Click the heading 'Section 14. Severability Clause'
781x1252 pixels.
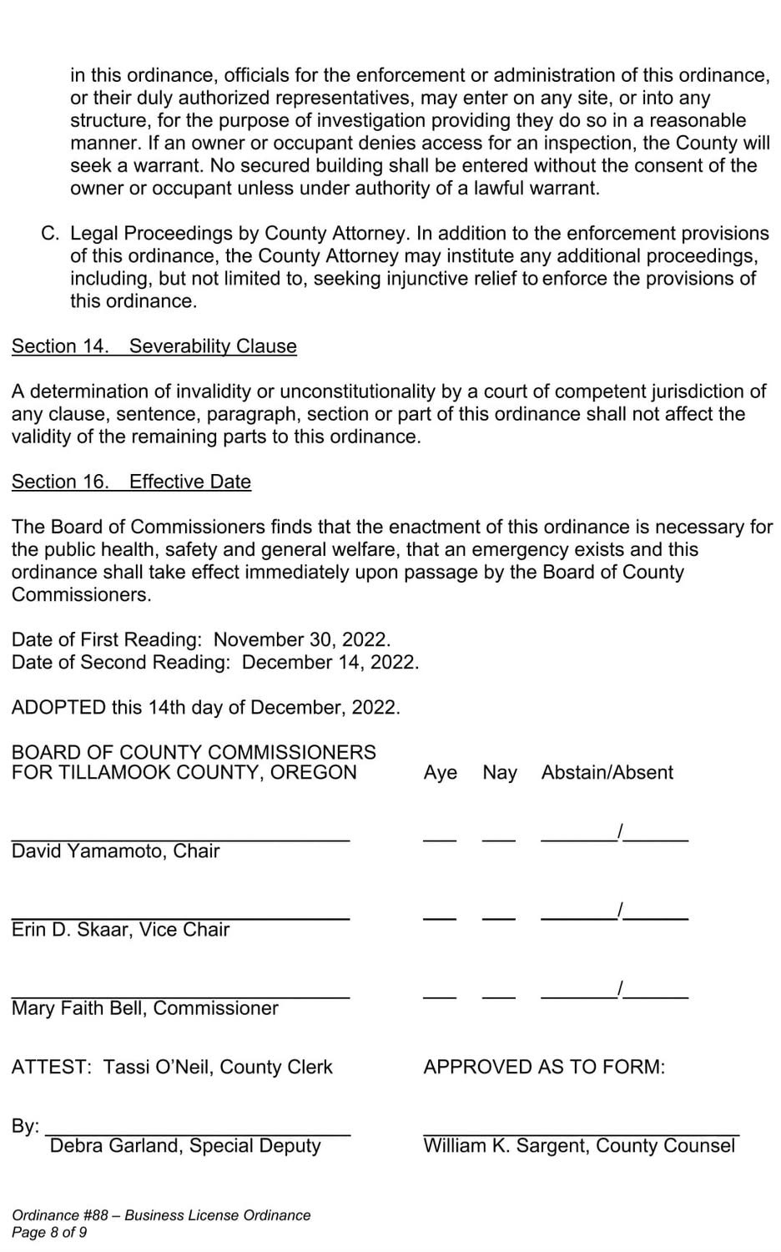(154, 346)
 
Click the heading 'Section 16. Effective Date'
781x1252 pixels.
(131, 482)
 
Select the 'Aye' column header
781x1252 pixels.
(440, 773)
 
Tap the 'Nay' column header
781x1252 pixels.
(499, 773)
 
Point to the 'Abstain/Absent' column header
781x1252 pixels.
(607, 773)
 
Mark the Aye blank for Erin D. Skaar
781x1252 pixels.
(440, 917)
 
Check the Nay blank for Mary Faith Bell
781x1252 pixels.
(498, 996)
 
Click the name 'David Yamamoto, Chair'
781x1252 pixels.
(116, 851)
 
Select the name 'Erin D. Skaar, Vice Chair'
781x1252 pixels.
(120, 930)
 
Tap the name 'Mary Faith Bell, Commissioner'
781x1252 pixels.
(145, 1008)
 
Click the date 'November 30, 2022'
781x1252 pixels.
(301, 640)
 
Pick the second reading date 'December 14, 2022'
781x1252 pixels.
(330, 663)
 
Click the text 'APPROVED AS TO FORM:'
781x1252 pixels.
(544, 1068)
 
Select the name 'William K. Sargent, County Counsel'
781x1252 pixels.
(579, 1146)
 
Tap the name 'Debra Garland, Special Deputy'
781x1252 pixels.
(185, 1146)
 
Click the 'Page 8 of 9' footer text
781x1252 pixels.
(49, 1233)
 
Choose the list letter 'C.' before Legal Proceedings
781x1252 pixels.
(50, 234)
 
